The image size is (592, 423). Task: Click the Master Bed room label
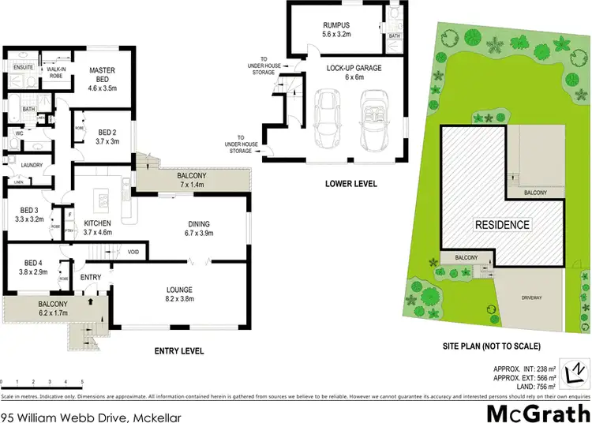pos(102,76)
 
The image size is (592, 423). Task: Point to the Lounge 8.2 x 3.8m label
pos(179,294)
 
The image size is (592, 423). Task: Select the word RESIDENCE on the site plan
pos(501,225)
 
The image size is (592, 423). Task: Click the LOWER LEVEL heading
pos(351,184)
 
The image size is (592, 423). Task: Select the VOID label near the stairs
pos(134,253)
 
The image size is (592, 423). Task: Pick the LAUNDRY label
pos(32,165)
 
